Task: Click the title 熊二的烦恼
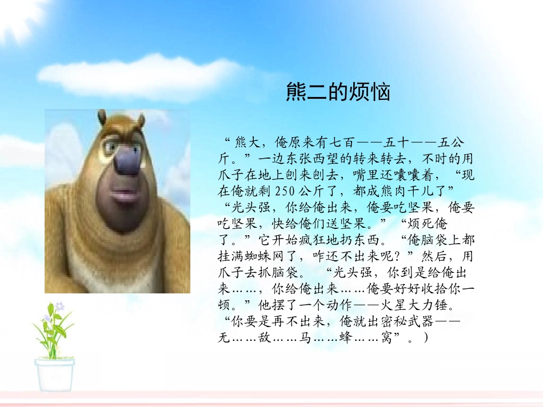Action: click(x=338, y=92)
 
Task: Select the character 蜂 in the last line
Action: click(x=345, y=339)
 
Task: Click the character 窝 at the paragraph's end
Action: click(x=386, y=339)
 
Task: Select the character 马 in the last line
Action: click(x=304, y=339)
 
